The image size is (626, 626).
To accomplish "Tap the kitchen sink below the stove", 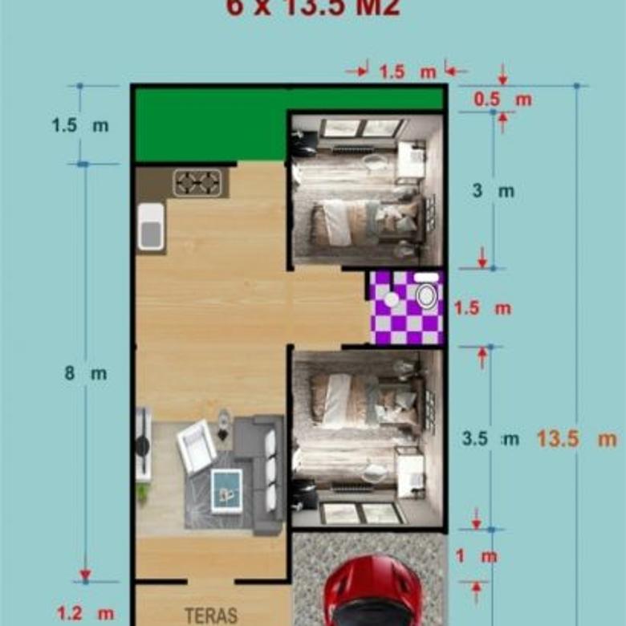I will coord(151,227).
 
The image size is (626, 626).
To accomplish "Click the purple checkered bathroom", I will coord(406,308).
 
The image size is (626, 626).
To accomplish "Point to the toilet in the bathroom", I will coord(427,296).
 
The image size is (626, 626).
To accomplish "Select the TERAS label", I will coord(210,616).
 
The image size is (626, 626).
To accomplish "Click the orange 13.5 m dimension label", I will coord(576,439).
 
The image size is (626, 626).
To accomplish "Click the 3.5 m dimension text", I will coord(490,439).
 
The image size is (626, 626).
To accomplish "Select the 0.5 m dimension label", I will coord(502,100).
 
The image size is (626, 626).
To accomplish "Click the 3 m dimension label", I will coord(493,192).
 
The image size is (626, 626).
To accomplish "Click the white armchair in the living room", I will coord(196,446).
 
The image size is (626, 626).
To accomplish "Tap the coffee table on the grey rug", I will coord(226,488).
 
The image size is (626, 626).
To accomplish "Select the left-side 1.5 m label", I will coord(80,126).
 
